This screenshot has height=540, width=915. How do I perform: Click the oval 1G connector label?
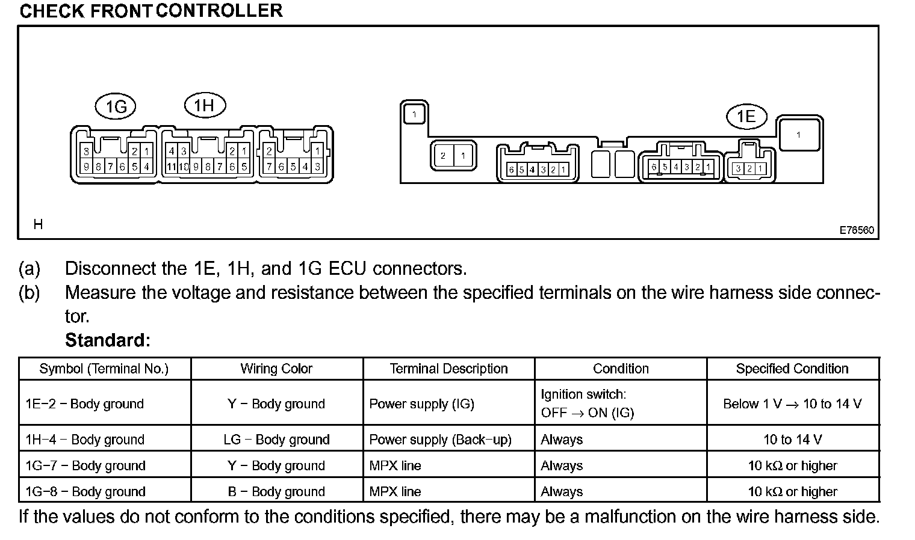116,107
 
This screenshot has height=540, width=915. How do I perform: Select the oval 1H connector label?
204,106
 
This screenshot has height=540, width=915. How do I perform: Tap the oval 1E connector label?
746,116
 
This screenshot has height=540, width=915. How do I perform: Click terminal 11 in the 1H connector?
171,167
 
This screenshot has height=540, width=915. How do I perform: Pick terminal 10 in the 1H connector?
184,167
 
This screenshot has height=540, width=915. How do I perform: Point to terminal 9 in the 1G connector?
86,167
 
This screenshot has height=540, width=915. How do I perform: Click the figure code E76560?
857,230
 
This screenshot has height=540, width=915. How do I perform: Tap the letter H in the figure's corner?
38,224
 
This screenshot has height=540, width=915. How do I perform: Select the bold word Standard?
107,340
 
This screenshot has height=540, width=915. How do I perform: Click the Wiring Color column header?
276,369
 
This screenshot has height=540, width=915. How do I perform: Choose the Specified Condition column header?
792,369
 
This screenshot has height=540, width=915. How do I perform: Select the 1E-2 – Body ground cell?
85,403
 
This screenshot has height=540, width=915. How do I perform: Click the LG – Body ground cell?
276,440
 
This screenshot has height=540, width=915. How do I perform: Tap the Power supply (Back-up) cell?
440,440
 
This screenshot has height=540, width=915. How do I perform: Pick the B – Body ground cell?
276,491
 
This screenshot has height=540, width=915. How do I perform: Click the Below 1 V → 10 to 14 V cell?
792,403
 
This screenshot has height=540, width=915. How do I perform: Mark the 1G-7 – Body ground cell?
85,465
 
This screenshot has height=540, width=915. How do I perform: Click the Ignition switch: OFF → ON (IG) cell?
587,403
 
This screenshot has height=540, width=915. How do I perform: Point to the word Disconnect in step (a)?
111,268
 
